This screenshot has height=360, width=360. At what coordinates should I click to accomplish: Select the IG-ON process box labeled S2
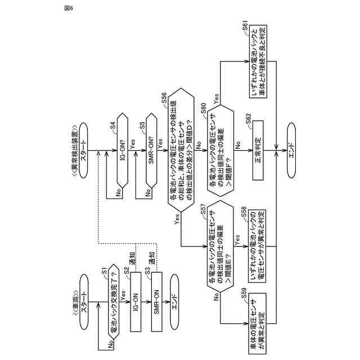coord(135,293)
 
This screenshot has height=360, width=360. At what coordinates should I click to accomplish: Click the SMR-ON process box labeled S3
coord(157,294)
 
